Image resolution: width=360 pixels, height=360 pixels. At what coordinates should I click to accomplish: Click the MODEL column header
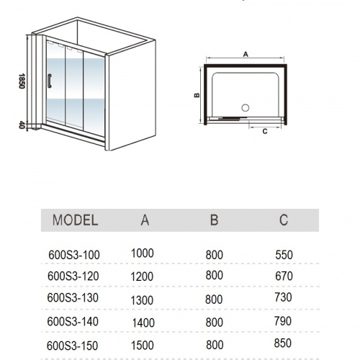tap(76, 220)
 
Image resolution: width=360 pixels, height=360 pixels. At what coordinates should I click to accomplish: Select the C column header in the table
tap(284, 220)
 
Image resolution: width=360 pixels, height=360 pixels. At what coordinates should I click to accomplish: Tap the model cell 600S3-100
tap(74, 255)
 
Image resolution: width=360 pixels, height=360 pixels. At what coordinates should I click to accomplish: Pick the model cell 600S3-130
tap(73, 298)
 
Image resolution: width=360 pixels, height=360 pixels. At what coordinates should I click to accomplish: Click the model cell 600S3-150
tap(72, 346)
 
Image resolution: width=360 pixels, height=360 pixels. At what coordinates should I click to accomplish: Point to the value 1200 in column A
tap(142, 276)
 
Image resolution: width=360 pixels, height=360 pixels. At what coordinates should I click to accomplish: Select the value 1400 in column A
tap(143, 323)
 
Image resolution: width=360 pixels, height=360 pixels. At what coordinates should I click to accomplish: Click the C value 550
tap(284, 255)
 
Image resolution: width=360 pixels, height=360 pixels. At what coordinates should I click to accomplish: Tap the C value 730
tap(284, 297)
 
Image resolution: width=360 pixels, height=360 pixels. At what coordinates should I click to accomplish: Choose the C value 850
tap(283, 343)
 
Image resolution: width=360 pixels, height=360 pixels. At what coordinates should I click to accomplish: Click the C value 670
tap(284, 276)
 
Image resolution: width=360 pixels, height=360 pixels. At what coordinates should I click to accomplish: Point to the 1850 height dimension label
tap(22, 81)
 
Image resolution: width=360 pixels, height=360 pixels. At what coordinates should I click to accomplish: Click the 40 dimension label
tap(22, 125)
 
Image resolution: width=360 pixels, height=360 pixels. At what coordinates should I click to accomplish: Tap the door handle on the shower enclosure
tap(50, 81)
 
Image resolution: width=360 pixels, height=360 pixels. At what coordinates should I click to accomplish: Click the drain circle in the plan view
tap(246, 108)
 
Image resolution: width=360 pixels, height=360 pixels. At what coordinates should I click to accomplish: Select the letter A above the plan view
tap(246, 55)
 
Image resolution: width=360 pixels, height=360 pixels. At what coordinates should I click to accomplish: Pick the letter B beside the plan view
tap(197, 95)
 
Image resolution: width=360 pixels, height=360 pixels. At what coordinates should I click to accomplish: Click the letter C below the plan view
tap(265, 132)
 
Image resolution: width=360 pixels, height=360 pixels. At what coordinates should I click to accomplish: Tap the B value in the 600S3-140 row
tap(214, 323)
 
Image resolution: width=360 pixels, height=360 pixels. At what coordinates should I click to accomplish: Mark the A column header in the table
tap(145, 220)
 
